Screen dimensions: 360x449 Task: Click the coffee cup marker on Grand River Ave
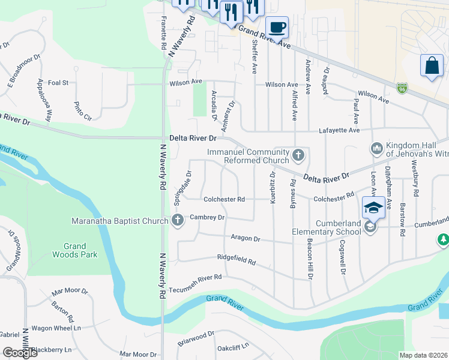pos(277,27)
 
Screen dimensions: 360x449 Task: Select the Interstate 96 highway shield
pos(402,88)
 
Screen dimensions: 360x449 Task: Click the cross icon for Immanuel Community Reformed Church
pos(298,156)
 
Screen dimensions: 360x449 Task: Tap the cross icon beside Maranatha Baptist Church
pos(176,221)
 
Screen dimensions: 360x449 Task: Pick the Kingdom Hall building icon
pos(377,148)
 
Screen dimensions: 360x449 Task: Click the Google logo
pos(20,353)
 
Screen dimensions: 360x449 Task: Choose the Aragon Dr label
pos(245,238)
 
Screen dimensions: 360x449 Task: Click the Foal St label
pos(58,83)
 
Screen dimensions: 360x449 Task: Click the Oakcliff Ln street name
pos(232,347)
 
